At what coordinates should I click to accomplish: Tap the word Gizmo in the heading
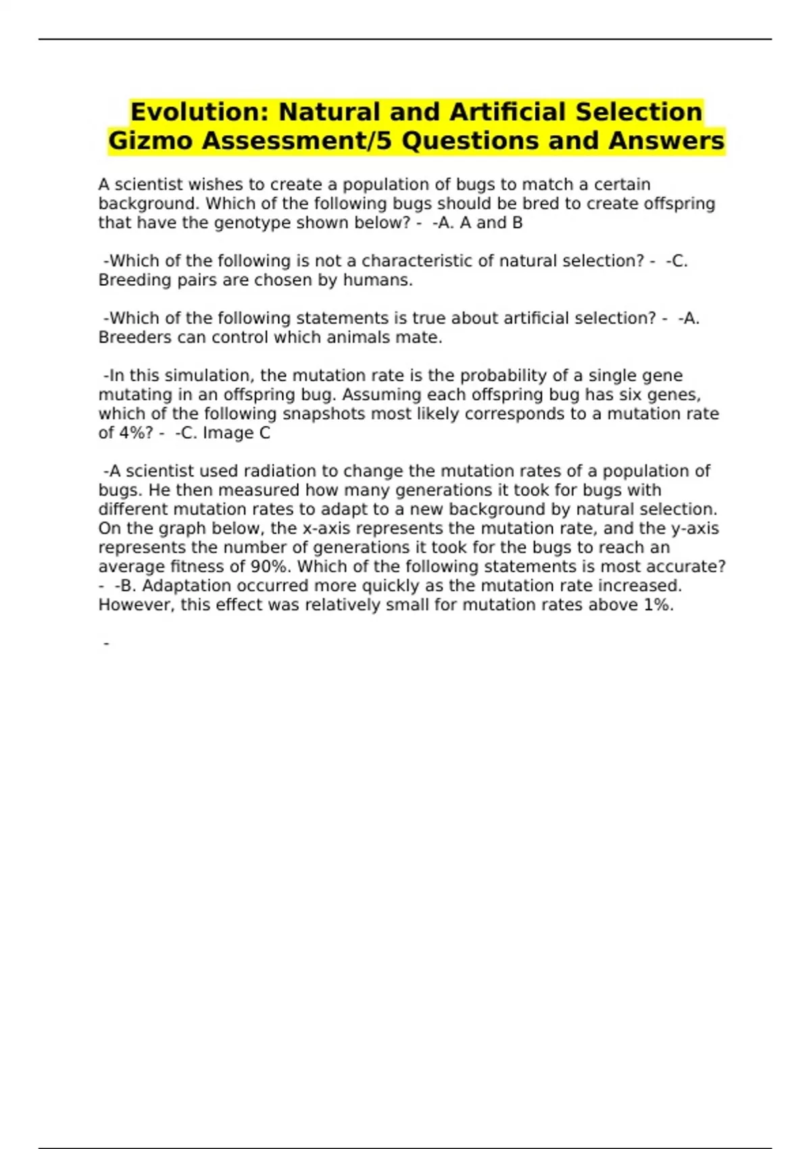click(x=150, y=141)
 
